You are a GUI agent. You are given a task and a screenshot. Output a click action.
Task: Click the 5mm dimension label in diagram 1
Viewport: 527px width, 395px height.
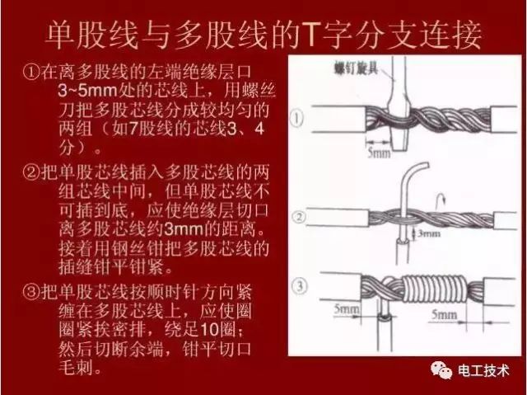point(380,153)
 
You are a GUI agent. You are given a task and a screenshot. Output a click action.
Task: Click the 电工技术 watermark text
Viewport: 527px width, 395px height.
point(487,371)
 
